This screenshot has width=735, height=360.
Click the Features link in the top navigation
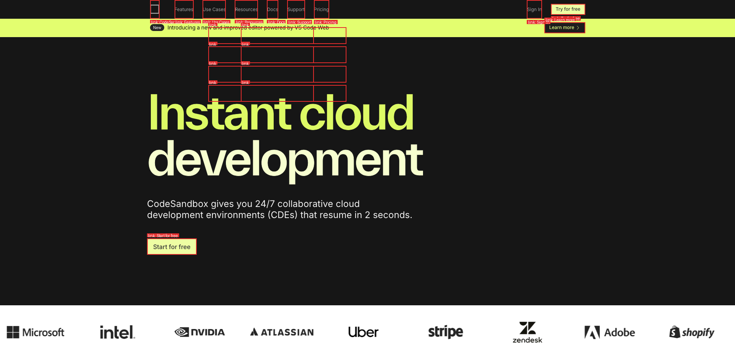tap(184, 10)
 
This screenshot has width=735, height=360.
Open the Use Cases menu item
tap(214, 10)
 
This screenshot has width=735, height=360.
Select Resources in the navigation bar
tap(246, 10)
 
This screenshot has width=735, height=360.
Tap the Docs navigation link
tap(273, 10)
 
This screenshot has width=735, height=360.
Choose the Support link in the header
tap(296, 10)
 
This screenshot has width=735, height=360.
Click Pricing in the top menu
tap(321, 10)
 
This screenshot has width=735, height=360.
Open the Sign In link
tap(534, 10)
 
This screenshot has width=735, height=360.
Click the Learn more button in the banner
tap(564, 28)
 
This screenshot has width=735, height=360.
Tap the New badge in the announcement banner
tap(157, 28)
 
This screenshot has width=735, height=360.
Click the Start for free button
tap(171, 247)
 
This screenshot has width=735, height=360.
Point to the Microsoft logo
tap(36, 332)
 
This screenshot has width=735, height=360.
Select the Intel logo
tap(117, 332)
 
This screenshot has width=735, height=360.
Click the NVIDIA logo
tap(199, 332)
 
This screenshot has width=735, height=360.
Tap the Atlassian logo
tap(282, 332)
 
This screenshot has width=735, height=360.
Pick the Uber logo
tap(363, 332)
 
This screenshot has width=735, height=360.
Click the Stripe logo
tap(445, 332)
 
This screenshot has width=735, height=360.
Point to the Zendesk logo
tap(527, 332)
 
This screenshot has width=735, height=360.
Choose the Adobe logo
tap(609, 332)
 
